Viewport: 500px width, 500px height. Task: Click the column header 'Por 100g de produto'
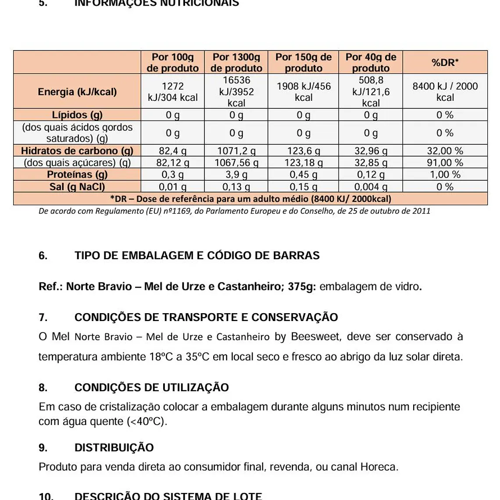click(x=172, y=62)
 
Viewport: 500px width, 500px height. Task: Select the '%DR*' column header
click(x=445, y=62)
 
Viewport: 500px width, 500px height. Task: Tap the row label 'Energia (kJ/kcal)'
click(x=77, y=92)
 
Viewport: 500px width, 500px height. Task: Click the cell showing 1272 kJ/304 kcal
click(x=172, y=92)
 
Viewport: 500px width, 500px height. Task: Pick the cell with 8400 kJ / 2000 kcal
click(x=445, y=92)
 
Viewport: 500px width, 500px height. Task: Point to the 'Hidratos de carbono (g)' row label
click(x=77, y=151)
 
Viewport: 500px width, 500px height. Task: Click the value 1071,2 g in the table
click(x=236, y=151)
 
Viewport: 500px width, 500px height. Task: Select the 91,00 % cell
click(x=445, y=163)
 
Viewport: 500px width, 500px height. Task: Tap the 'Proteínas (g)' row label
click(x=77, y=175)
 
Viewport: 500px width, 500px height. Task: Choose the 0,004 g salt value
click(x=371, y=187)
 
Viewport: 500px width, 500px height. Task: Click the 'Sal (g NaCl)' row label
click(x=77, y=187)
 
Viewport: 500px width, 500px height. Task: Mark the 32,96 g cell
click(x=371, y=151)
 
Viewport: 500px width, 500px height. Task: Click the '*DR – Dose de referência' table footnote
click(x=250, y=199)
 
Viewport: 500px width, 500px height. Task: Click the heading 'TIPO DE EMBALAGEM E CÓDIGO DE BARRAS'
click(x=197, y=256)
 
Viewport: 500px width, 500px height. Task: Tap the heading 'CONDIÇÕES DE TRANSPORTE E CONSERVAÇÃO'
click(x=206, y=318)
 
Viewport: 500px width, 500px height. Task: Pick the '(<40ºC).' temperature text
click(x=147, y=422)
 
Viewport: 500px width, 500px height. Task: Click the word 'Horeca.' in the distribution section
click(x=379, y=467)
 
